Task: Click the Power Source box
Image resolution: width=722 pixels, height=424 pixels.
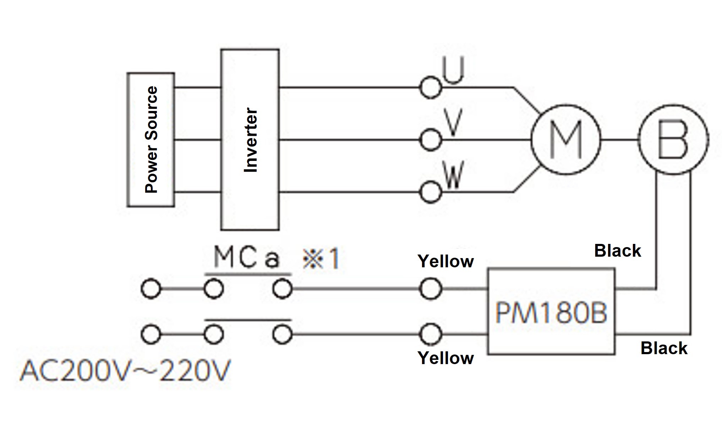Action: (151, 140)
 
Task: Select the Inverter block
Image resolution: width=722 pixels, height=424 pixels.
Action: (250, 140)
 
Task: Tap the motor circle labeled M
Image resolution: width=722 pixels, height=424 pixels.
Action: (566, 140)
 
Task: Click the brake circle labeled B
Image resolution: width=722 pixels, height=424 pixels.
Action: (673, 140)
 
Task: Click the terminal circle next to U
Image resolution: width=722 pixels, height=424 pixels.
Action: (430, 88)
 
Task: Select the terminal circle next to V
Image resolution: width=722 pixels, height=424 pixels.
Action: (430, 140)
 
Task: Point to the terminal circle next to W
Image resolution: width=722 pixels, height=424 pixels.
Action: (430, 193)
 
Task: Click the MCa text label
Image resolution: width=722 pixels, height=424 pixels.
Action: (247, 258)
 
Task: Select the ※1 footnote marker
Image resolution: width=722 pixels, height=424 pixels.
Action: (321, 259)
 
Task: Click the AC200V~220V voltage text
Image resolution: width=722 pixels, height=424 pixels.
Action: (125, 371)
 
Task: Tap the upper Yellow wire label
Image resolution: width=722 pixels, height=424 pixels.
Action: (445, 262)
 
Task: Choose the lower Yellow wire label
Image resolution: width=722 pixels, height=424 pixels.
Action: (445, 358)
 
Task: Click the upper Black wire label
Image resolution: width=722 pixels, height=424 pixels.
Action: (617, 251)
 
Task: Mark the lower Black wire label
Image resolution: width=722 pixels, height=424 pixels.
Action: (663, 348)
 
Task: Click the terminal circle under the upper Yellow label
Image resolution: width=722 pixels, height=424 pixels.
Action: (430, 289)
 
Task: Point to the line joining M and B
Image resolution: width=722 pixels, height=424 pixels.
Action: (620, 140)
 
